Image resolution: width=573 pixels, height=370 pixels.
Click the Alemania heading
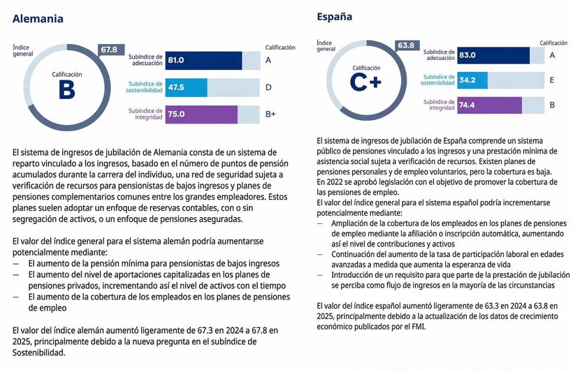(x=38, y=20)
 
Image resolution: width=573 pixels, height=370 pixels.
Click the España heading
(x=334, y=17)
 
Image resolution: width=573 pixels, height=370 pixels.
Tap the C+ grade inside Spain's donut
(x=365, y=82)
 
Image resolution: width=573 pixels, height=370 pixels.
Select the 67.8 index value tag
(x=109, y=50)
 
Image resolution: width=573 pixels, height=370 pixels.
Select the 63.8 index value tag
(x=406, y=45)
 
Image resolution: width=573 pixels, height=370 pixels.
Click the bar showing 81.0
(x=203, y=61)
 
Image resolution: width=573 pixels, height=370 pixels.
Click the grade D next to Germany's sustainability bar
(x=268, y=87)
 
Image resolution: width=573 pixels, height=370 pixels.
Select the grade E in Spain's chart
(x=551, y=80)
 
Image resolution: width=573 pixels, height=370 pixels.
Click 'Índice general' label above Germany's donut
(x=22, y=50)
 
